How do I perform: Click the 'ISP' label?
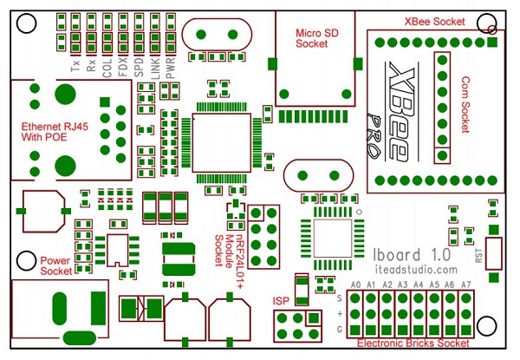pos(281,300)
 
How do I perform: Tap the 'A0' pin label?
pos(355,285)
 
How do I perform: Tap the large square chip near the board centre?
pos(221,144)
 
